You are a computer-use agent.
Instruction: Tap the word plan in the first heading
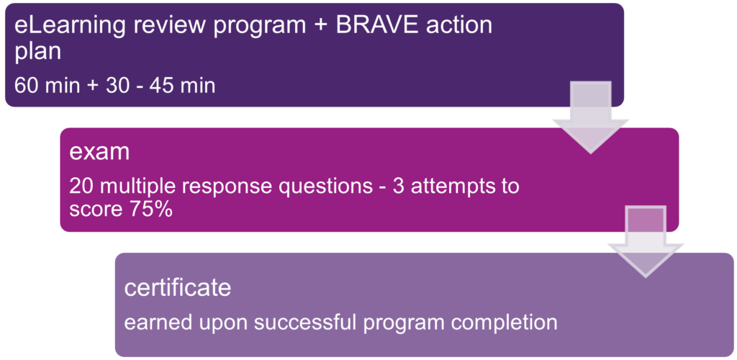coord(37,53)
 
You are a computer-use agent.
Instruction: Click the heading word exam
coord(99,153)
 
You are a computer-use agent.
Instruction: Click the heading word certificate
coord(178,287)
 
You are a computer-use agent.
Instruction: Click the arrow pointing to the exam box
coord(590,117)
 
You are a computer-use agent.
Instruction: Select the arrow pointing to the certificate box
coord(646,242)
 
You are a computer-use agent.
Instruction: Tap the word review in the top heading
coord(163,26)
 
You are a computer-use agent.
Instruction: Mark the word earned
coord(155,323)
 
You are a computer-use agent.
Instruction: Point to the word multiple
coord(130,187)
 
